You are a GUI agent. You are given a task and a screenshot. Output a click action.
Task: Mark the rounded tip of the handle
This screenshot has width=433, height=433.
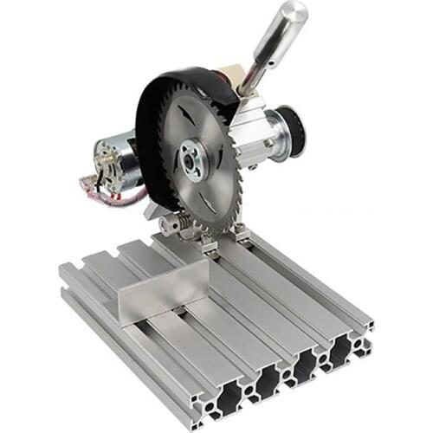(x=292, y=12)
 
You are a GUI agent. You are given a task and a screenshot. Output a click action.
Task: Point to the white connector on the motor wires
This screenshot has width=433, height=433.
(x=90, y=184)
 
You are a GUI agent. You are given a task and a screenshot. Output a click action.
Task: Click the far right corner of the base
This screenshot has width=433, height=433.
(x=372, y=326)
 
